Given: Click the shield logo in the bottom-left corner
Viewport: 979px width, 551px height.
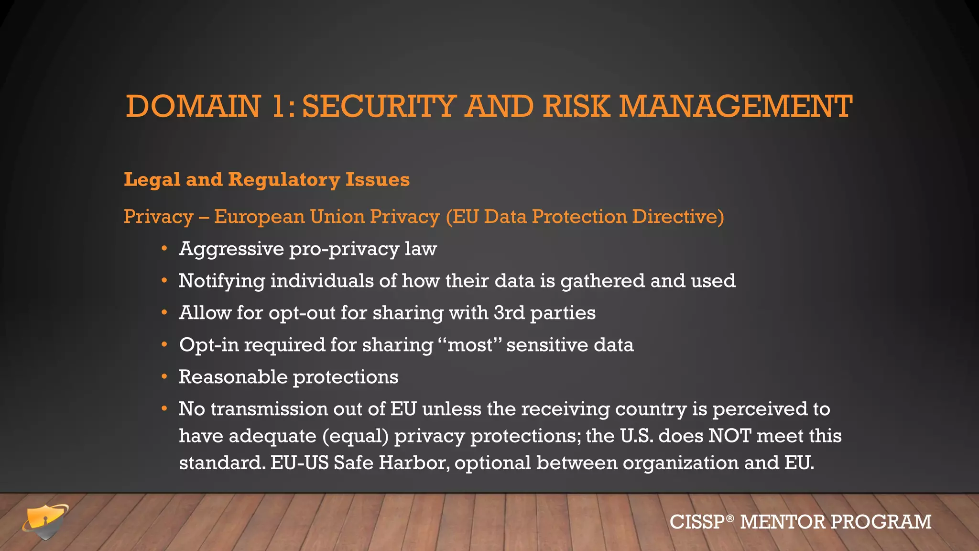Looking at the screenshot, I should point(45,522).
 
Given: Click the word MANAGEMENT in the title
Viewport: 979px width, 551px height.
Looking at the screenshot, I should point(736,106).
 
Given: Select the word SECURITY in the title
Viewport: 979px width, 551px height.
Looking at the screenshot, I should point(379,106).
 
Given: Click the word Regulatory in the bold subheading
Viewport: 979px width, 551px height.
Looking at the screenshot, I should point(284,180).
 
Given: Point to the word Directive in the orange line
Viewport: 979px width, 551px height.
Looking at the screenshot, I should point(678,217).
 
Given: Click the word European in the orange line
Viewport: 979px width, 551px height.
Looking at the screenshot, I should point(259,217).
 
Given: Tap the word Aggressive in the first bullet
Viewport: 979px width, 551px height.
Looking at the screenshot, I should point(231,249).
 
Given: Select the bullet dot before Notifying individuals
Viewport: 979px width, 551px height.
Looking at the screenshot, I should point(164,281).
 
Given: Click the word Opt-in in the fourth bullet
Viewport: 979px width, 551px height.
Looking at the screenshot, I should point(209,345).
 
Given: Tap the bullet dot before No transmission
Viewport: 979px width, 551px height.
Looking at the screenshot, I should point(164,409).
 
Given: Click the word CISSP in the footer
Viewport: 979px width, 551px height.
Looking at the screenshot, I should point(697,522).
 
